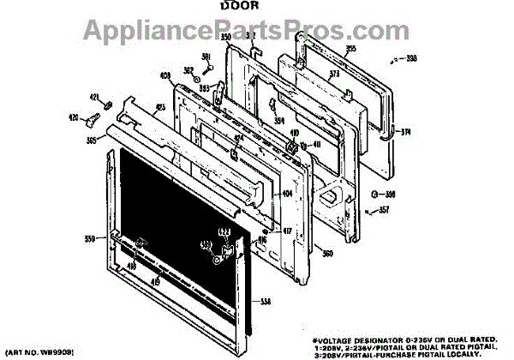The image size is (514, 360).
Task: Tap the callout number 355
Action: pyautogui.click(x=326, y=51)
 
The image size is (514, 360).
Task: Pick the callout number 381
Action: pyautogui.click(x=206, y=57)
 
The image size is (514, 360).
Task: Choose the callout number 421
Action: pyautogui.click(x=95, y=97)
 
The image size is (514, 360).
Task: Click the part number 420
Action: pyautogui.click(x=97, y=117)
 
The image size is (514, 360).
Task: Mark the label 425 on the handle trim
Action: pyautogui.click(x=160, y=109)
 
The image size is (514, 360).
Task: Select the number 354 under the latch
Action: pyautogui.click(x=279, y=121)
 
